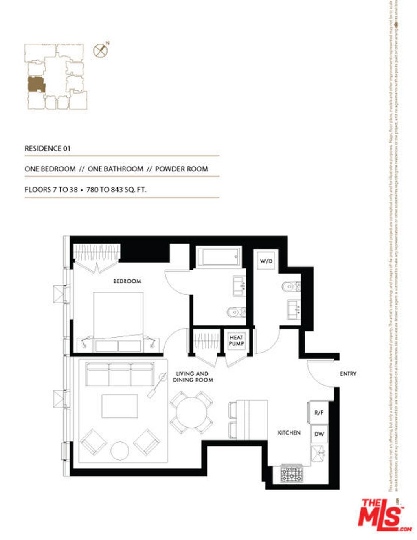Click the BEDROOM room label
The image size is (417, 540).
click(127, 281)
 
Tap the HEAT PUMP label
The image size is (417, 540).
click(236, 340)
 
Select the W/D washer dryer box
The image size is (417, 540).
click(266, 261)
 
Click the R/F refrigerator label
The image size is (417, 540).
click(319, 413)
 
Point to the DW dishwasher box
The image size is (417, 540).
click(319, 434)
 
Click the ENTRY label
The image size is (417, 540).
click(348, 373)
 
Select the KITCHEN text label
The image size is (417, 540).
click(289, 432)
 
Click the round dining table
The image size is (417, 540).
click(191, 412)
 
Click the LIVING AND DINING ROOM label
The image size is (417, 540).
click(193, 377)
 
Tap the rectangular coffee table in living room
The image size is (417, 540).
click(120, 406)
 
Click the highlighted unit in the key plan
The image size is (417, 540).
click(36, 84)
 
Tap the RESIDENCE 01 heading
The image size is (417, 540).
click(48, 149)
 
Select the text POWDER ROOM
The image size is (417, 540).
click(182, 169)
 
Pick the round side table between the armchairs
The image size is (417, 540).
click(120, 450)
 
